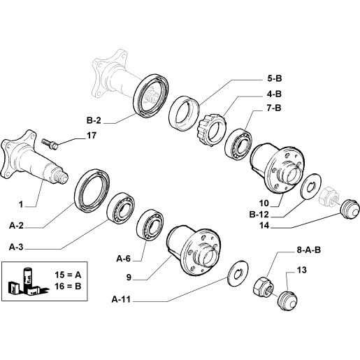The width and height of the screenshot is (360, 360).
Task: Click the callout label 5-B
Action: click(275, 78)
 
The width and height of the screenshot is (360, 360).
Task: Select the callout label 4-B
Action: click(274, 94)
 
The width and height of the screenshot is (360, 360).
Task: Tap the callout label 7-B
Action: click(274, 108)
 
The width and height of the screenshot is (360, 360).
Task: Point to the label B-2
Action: click(94, 120)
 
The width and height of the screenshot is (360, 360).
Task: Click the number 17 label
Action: click(92, 136)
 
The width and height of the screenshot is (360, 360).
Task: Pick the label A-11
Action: click(121, 299)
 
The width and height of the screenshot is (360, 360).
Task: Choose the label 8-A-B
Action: click(309, 250)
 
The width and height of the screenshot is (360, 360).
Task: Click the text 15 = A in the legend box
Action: click(68, 275)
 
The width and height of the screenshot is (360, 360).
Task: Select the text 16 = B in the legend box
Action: click(68, 286)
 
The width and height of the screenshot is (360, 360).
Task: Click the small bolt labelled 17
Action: click(50, 144)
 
